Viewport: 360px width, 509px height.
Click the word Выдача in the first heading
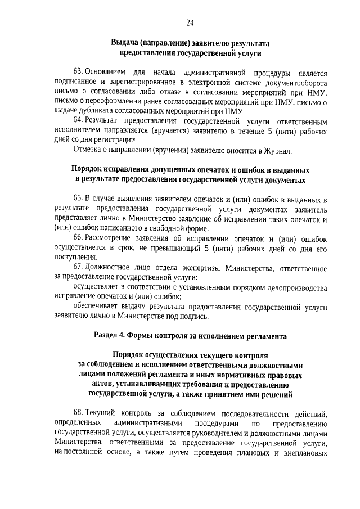[x=125, y=43]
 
